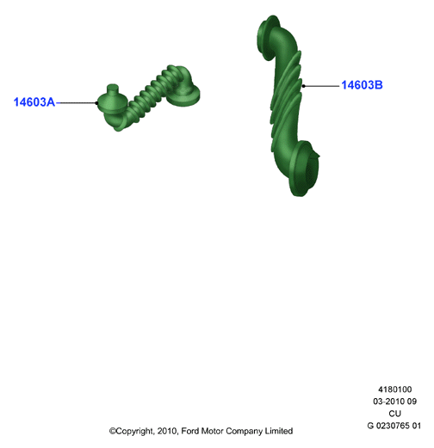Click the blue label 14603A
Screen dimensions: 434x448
pyautogui.click(x=34, y=102)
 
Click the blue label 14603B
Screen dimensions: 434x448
pyautogui.click(x=362, y=85)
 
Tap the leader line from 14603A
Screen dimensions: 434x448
pyautogui.click(x=76, y=103)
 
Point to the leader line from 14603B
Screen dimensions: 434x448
pyautogui.click(x=321, y=86)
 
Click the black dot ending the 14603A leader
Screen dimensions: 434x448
pyautogui.click(x=96, y=103)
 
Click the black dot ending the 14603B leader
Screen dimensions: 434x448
pyautogui.click(x=304, y=86)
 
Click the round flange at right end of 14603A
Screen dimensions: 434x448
pyautogui.click(x=183, y=95)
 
